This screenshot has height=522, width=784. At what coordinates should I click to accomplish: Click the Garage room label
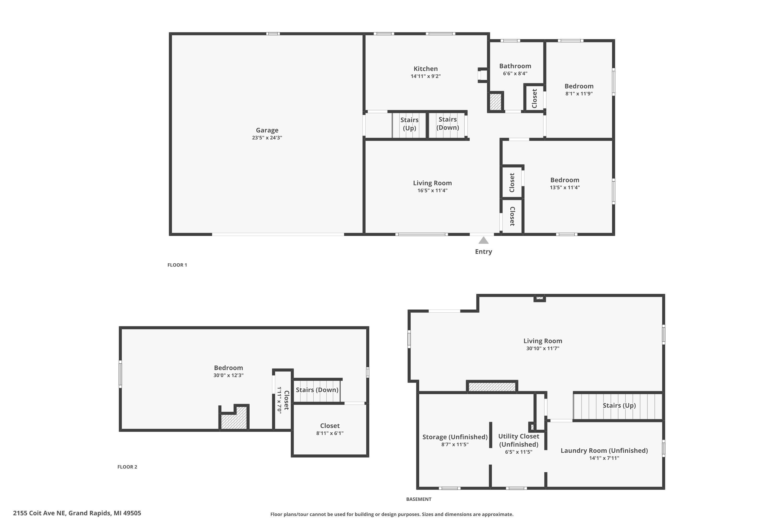(x=267, y=130)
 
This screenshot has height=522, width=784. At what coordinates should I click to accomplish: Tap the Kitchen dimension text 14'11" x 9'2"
(x=426, y=76)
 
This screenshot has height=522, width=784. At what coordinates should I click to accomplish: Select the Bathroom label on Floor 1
(x=515, y=66)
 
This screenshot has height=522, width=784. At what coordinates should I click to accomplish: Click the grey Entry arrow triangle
(x=483, y=240)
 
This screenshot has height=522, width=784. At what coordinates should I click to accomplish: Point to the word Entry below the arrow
(x=483, y=252)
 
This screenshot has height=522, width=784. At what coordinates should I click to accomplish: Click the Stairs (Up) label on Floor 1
(x=409, y=124)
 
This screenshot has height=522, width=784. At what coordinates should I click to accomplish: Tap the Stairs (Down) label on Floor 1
(x=448, y=123)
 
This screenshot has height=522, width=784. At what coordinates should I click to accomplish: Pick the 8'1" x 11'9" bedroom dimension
(x=579, y=93)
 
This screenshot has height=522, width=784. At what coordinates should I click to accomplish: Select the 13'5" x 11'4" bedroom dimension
(x=565, y=187)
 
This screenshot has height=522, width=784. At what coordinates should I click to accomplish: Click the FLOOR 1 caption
(x=177, y=265)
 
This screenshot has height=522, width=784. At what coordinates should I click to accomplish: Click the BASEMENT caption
(x=419, y=499)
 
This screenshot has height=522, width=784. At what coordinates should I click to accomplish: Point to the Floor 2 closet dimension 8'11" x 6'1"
(x=330, y=433)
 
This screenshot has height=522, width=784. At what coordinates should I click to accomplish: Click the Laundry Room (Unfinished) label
(x=604, y=450)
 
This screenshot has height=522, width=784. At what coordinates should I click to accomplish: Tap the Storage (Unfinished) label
(x=455, y=437)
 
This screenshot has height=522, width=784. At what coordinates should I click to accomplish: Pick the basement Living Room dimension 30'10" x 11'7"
(x=543, y=348)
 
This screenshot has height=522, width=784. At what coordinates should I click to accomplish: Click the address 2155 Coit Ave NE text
(x=39, y=513)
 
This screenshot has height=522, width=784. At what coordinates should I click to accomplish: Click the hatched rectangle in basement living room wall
(x=492, y=387)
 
